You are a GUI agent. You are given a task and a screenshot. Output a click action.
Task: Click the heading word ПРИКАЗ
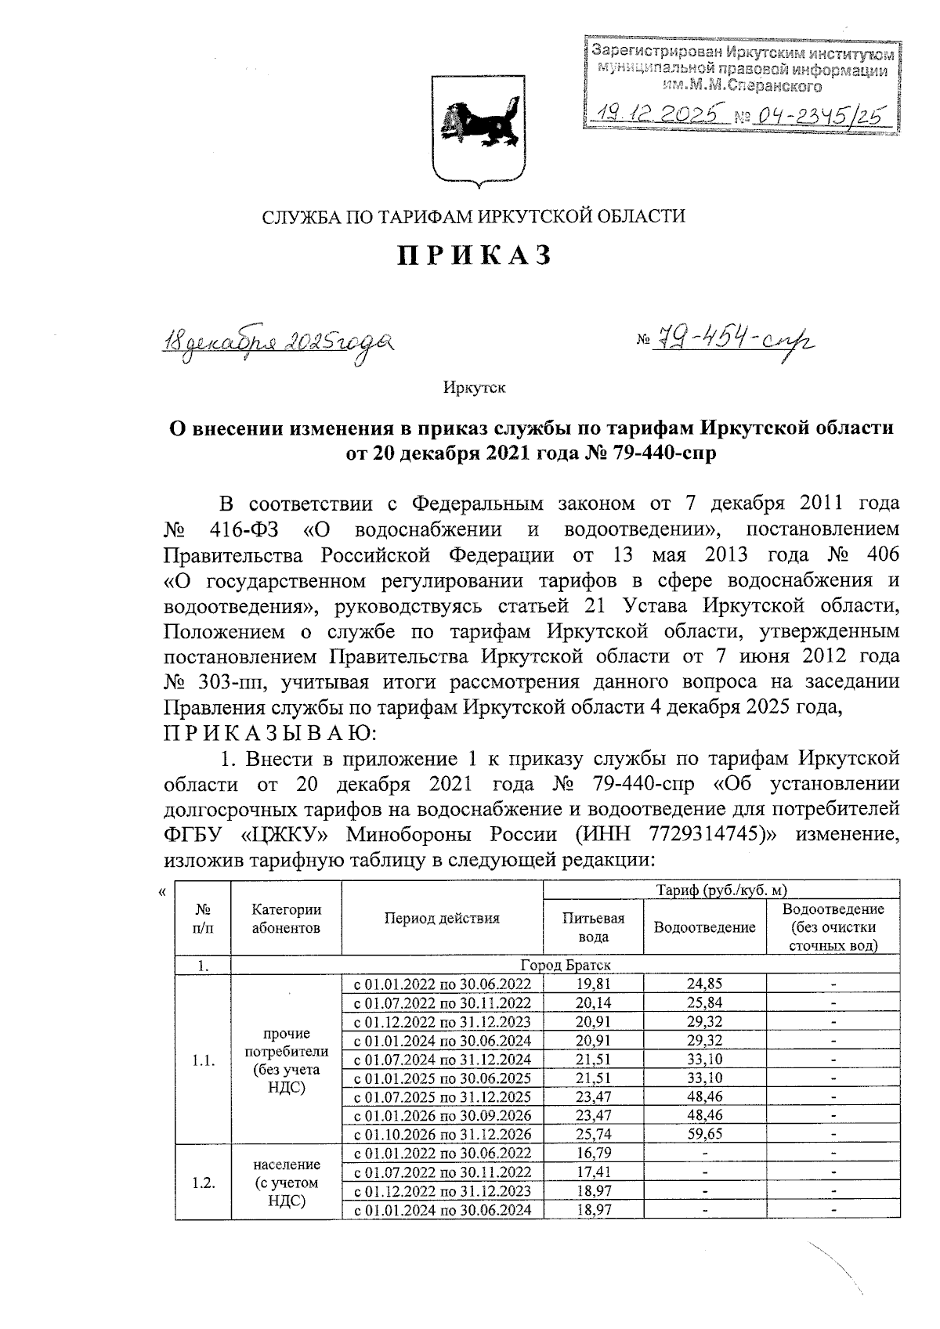[x=473, y=256]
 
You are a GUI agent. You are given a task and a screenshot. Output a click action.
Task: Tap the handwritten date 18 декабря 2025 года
[x=277, y=343]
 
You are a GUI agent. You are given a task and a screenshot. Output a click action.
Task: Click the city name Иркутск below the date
[x=474, y=388]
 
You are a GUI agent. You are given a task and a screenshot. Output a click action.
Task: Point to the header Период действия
[x=442, y=919]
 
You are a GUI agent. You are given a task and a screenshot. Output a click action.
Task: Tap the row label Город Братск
[x=565, y=966]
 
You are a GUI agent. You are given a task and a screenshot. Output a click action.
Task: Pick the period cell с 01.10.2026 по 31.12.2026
[x=442, y=1134]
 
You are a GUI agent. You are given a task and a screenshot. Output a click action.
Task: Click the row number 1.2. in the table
[x=203, y=1183]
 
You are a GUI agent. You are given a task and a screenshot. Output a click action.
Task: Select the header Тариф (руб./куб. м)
[x=721, y=890]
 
